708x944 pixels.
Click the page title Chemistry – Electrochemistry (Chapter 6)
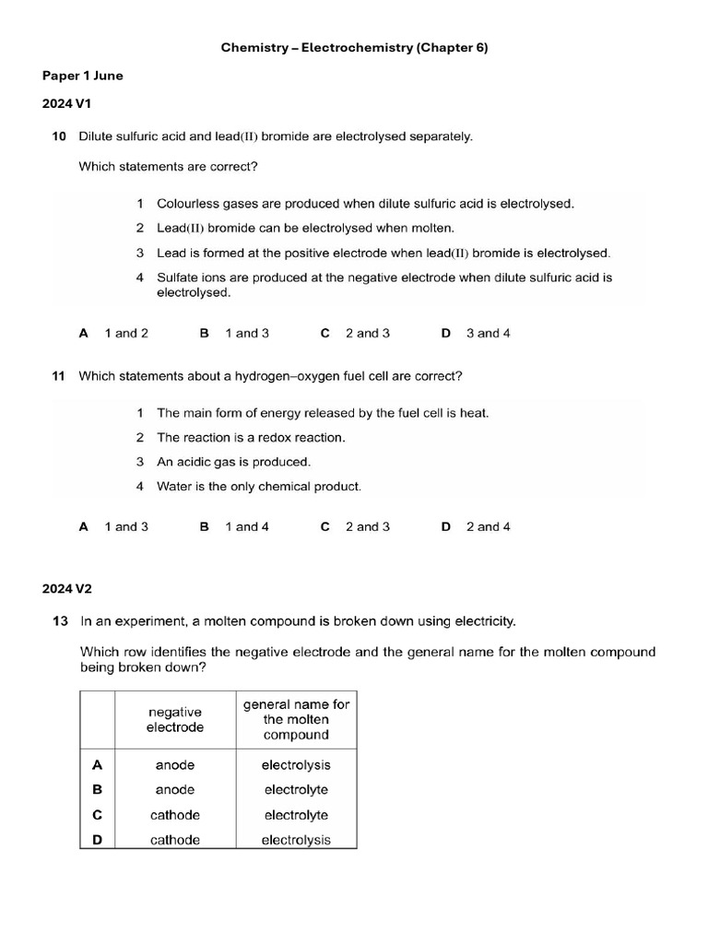(354, 47)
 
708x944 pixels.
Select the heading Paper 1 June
(82, 76)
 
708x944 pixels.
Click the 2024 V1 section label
(66, 104)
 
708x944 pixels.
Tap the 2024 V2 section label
(66, 588)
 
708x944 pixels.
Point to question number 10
(59, 136)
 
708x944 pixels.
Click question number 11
(59, 376)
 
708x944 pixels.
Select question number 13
(59, 621)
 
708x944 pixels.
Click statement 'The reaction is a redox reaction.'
(251, 438)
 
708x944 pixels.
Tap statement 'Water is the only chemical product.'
(259, 486)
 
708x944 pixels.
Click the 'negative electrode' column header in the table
(175, 719)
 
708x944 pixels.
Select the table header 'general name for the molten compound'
(296, 719)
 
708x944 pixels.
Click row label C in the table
(98, 815)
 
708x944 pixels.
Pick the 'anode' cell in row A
(175, 765)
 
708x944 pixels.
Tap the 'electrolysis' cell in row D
(296, 840)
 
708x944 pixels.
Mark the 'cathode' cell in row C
(175, 815)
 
